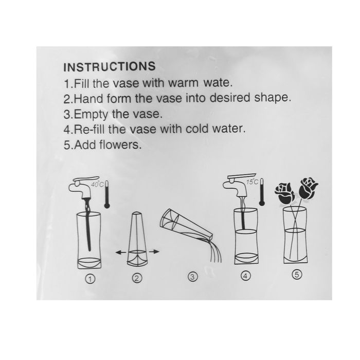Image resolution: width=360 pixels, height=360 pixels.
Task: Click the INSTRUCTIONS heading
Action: pos(110,66)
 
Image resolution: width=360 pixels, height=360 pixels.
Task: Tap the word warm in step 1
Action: pos(183,83)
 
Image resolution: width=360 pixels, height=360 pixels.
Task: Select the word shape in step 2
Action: pos(273,98)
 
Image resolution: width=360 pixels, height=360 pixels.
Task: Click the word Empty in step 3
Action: pos(91,114)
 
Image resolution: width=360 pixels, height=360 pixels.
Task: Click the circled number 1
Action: pos(90,279)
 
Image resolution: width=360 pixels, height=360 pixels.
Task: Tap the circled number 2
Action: pos(137,278)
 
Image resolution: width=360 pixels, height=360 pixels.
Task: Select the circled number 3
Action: pos(192,277)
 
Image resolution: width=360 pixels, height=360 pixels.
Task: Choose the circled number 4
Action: pos(245,276)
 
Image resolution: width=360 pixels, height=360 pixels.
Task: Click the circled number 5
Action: pos(297,274)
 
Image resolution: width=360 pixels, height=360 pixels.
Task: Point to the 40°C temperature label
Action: pos(97,184)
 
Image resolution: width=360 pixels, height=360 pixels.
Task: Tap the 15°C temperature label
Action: pos(252,182)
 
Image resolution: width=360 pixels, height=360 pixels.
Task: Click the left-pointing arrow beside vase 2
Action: pos(121,253)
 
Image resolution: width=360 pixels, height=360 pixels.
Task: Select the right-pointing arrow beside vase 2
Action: pos(154,251)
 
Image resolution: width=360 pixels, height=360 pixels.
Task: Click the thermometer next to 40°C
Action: pos(107,194)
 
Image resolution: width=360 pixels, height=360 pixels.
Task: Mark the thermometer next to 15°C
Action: pos(262,191)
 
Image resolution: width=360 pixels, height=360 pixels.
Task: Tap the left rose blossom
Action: pos(285,193)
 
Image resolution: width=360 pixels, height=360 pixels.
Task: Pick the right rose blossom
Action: pos(308,189)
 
